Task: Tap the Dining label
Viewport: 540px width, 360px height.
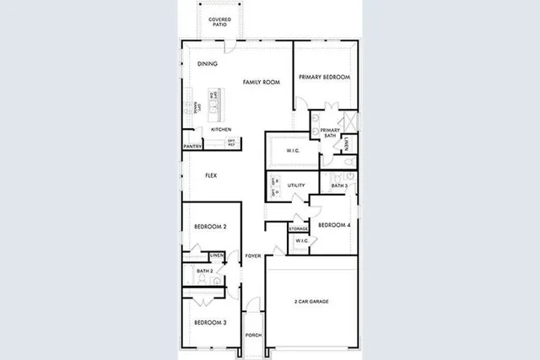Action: [x=207, y=64]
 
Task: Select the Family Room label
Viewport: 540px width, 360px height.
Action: [x=262, y=82]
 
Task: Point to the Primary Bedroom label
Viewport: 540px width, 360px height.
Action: [x=324, y=77]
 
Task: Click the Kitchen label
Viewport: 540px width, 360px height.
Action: [x=221, y=129]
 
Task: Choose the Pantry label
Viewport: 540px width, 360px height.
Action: [x=192, y=147]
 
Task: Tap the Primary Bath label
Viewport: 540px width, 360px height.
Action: [x=330, y=132]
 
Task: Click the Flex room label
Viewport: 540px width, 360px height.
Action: [x=212, y=175]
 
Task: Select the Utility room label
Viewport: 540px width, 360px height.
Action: [x=295, y=185]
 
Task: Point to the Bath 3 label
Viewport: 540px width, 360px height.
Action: [x=339, y=185]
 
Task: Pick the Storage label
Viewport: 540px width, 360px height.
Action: [x=298, y=228]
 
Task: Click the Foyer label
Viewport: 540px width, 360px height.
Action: [x=253, y=255]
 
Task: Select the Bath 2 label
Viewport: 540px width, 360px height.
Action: [x=205, y=271]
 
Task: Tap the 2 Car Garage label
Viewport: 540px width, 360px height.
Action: [x=310, y=301]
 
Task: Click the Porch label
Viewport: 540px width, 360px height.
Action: [x=253, y=335]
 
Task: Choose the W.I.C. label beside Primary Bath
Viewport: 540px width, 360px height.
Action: [x=294, y=152]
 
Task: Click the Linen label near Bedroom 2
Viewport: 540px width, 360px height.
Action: [x=217, y=255]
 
